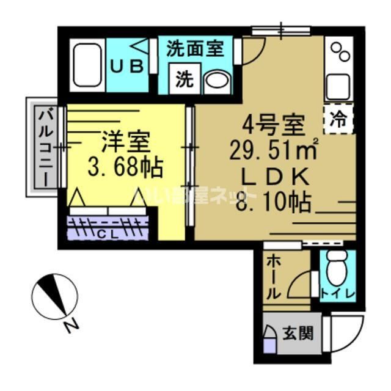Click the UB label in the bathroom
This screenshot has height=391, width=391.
(128, 64)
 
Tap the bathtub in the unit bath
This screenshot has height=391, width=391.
(88, 66)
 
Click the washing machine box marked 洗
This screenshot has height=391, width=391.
(184, 79)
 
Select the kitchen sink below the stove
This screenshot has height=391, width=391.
(340, 86)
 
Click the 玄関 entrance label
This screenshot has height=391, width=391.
(298, 334)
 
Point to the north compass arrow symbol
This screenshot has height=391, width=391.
(59, 297)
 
